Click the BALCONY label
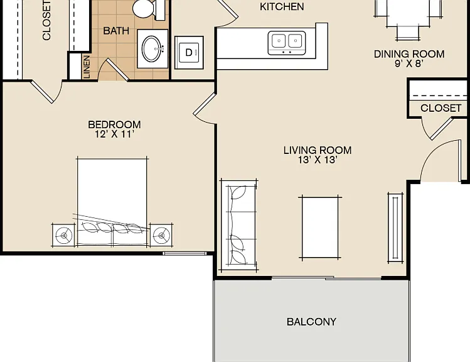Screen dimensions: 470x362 coord(311,322)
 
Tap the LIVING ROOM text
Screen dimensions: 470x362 coord(318,150)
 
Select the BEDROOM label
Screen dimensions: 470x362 coord(114,124)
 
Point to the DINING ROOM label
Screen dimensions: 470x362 coord(409,54)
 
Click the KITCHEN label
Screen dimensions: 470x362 coord(282,7)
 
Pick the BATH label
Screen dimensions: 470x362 coord(116,31)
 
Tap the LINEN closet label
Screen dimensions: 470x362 coord(87,67)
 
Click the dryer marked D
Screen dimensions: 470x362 coord(189,53)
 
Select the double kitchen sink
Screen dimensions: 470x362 coord(287,43)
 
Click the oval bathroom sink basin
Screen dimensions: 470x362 coord(153,49)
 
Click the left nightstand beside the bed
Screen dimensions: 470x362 coord(63,235)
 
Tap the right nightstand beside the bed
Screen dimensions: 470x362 coord(161,235)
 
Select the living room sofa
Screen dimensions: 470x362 coord(239,225)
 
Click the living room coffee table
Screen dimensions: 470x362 coord(320,228)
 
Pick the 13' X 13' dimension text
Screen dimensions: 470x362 coord(318,160)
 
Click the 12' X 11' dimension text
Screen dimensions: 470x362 coord(114,134)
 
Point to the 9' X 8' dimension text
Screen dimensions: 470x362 coord(409,63)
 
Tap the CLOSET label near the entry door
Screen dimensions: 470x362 coord(441,108)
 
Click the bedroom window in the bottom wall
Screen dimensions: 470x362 coord(184,254)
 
